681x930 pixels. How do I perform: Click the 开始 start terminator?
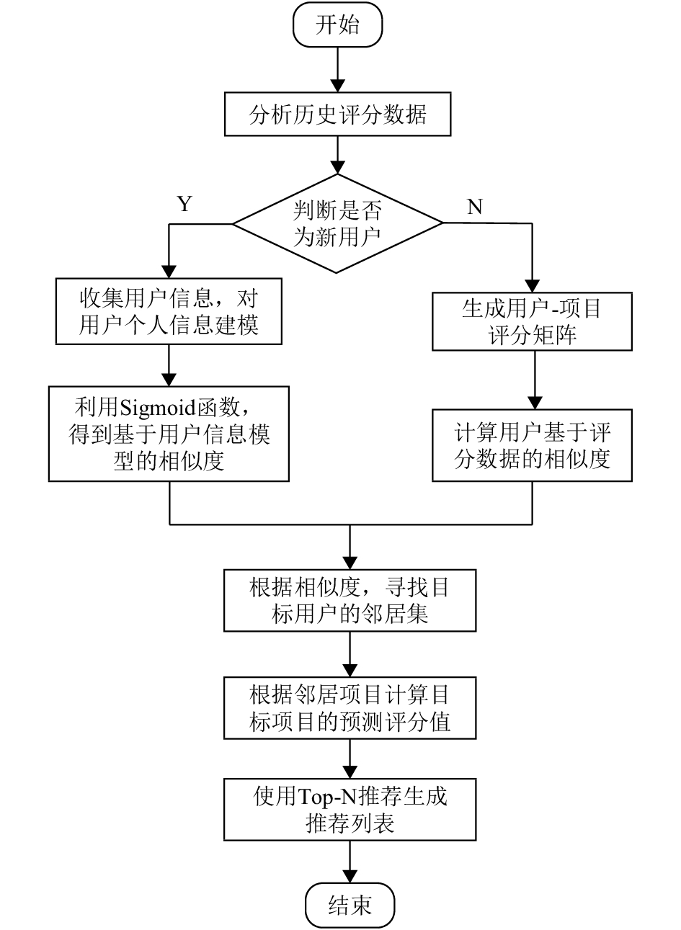337,24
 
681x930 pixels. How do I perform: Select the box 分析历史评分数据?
337,114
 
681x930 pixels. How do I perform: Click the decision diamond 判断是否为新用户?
337,223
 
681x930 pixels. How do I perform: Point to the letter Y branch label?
184,204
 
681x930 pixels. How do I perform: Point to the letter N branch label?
475,206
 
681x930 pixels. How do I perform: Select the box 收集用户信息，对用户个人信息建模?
169,311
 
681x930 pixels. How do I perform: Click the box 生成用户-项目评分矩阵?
532,322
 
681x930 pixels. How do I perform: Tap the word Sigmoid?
157,408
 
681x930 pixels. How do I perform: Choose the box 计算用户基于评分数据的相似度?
532,445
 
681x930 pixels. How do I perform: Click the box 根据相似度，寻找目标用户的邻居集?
350,601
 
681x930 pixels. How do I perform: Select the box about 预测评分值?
350,708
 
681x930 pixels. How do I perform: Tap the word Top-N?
327,797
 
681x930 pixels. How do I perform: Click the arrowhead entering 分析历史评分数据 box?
337,86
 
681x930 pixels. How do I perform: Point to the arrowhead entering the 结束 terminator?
350,876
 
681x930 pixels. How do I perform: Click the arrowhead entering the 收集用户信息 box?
169,272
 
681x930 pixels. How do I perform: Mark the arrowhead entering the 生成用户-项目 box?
532,286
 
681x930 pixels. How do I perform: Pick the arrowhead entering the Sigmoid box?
169,380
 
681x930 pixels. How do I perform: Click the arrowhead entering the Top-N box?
350,772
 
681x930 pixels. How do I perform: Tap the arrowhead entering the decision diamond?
337,167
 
